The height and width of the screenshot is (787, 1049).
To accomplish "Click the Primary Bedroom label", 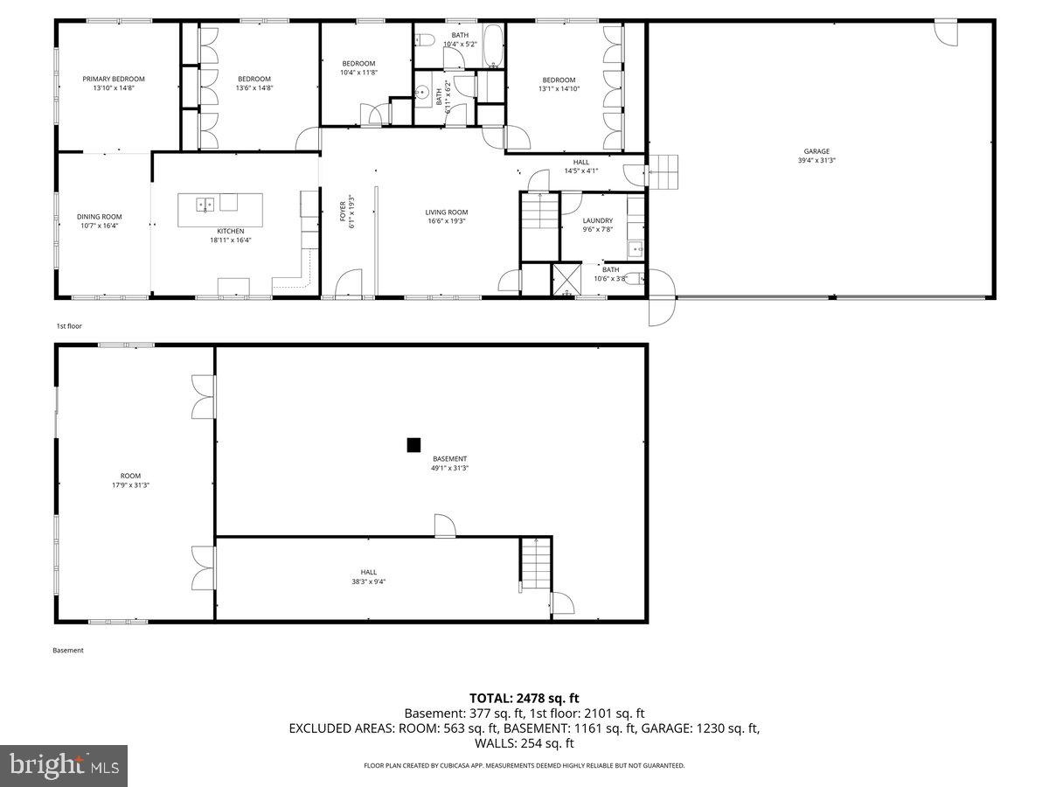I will [x=114, y=79].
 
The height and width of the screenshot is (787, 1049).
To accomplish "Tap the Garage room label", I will [x=816, y=151].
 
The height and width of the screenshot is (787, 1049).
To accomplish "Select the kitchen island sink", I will [x=205, y=205].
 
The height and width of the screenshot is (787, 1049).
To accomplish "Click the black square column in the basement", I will [x=413, y=445].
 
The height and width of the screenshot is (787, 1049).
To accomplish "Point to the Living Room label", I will [x=446, y=212].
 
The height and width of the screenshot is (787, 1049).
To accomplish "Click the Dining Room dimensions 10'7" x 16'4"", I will [x=99, y=226].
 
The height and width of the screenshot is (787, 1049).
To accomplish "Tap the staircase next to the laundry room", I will [x=539, y=212].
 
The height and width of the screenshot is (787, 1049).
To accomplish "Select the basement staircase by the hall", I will [x=537, y=563].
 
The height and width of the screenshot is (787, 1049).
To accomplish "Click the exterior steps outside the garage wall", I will [x=663, y=171].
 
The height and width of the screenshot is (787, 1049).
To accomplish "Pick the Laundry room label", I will [x=598, y=221].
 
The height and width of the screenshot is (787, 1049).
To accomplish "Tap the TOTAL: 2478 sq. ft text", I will [x=524, y=698].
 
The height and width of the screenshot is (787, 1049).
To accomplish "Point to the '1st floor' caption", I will [x=69, y=325].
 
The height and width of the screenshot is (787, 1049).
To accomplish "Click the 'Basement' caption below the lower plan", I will [x=68, y=651].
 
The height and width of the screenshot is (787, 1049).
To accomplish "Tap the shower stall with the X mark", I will [x=567, y=280].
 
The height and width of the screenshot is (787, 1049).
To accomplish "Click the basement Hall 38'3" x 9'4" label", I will [x=368, y=576].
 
